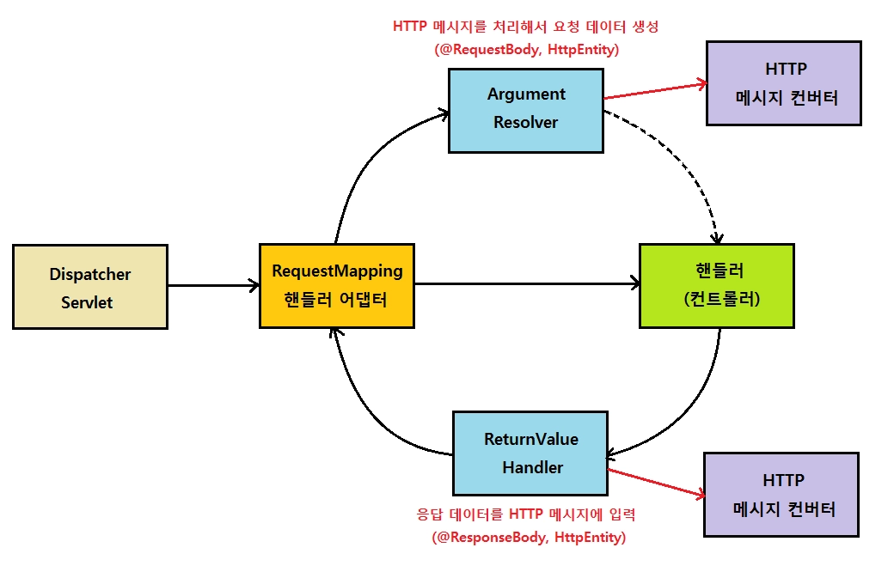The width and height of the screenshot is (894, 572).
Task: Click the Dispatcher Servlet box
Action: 90,287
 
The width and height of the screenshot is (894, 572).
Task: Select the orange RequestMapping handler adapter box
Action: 336,285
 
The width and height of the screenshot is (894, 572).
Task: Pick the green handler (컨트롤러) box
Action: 717,285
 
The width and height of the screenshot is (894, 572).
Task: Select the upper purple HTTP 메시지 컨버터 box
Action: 783,82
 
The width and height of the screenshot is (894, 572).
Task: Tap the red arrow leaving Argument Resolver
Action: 654,91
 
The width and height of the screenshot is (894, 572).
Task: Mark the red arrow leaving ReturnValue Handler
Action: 656,483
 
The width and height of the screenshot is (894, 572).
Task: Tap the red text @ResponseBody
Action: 487,539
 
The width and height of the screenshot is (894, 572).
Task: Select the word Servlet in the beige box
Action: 87,302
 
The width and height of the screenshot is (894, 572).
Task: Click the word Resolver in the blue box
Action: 526,122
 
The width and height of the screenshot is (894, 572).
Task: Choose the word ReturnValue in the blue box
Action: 531,440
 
